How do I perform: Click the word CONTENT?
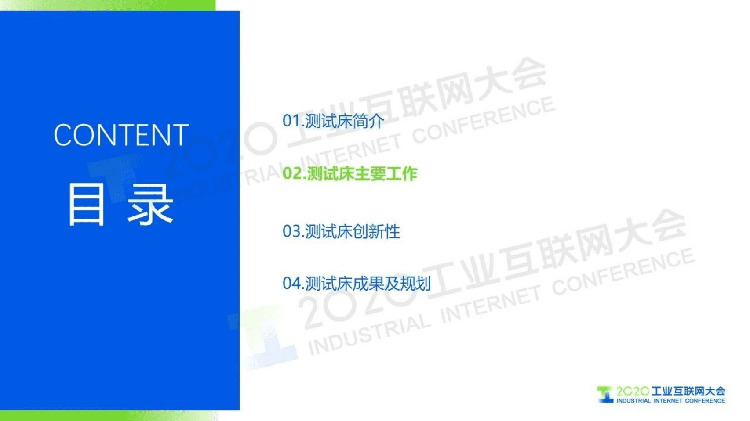[121, 135]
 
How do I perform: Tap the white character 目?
[87, 205]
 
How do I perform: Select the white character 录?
[150, 205]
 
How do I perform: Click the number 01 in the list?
[291, 121]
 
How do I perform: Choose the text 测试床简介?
[344, 121]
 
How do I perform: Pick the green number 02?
[292, 174]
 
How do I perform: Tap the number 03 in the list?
[291, 231]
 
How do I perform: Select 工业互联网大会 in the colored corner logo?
[688, 391]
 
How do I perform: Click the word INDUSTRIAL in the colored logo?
[633, 401]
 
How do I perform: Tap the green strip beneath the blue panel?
[108, 416]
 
